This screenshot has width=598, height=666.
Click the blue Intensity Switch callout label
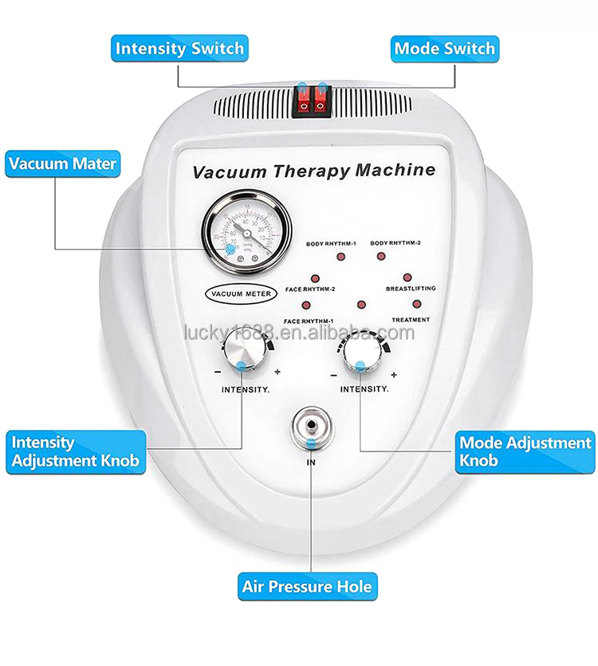tap(179, 49)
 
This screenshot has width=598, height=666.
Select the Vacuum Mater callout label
tap(62, 165)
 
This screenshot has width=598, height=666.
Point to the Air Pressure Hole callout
tap(307, 588)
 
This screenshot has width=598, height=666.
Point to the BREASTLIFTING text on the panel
tap(411, 288)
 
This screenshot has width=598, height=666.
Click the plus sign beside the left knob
tap(277, 372)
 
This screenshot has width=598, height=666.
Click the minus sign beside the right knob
tap(333, 374)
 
